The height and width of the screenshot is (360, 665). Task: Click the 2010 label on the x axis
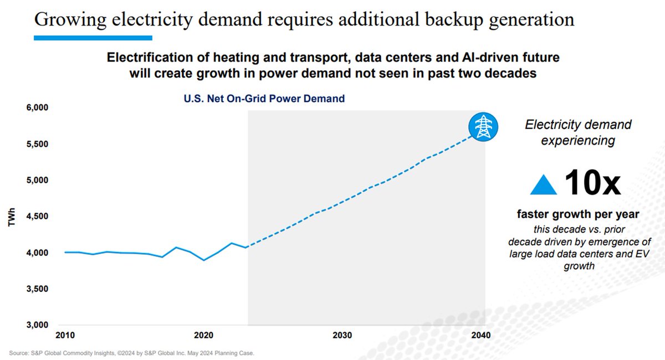tap(65, 336)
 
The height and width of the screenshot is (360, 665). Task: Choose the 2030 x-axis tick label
tap(342, 336)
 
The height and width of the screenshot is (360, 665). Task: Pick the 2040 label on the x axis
tap(481, 336)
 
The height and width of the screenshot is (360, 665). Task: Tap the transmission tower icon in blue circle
tap(483, 126)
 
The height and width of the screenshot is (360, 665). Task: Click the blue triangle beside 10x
tap(543, 185)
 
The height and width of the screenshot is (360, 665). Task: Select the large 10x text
tap(592, 183)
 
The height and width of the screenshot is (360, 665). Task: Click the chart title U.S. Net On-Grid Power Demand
tap(264, 99)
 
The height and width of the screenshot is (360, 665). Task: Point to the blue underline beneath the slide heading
tap(93, 38)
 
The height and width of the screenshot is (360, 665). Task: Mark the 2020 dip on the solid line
tap(204, 260)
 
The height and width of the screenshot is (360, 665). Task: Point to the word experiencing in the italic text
tap(578, 141)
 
